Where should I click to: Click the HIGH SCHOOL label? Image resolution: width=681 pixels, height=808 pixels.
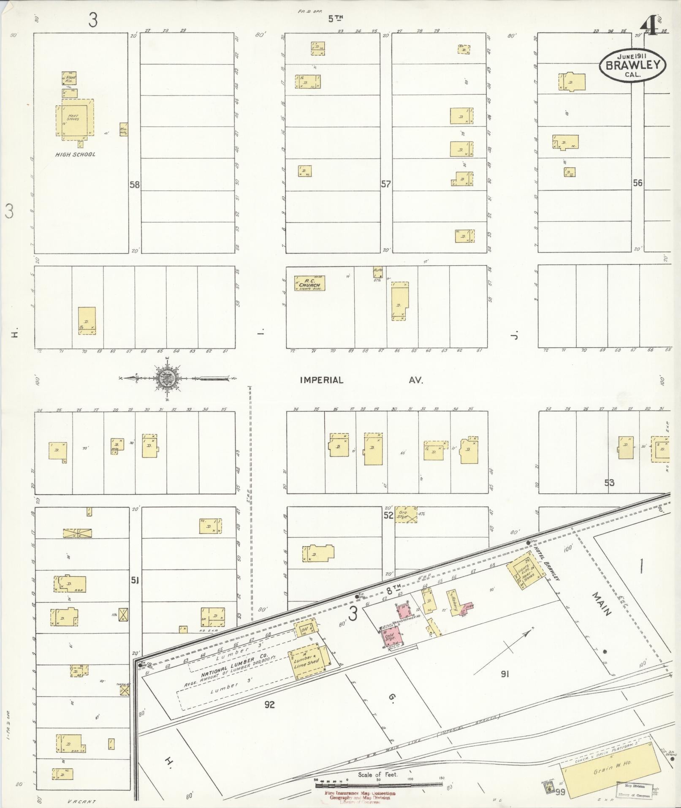[x=75, y=155]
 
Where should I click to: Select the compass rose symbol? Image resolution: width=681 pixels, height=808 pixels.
[x=168, y=378]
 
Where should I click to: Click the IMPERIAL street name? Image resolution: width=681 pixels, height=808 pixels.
[x=321, y=380]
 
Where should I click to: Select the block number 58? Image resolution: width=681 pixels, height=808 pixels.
[x=135, y=185]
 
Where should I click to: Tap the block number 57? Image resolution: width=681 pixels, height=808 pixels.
[x=385, y=184]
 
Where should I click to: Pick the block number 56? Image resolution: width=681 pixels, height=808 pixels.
[x=637, y=183]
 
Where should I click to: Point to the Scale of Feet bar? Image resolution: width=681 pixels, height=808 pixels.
[x=378, y=785]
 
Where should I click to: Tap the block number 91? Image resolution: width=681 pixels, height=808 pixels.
[x=505, y=675]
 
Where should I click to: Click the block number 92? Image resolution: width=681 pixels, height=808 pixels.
[x=269, y=704]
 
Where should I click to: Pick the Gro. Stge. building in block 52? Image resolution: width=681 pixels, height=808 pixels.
[x=406, y=515]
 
